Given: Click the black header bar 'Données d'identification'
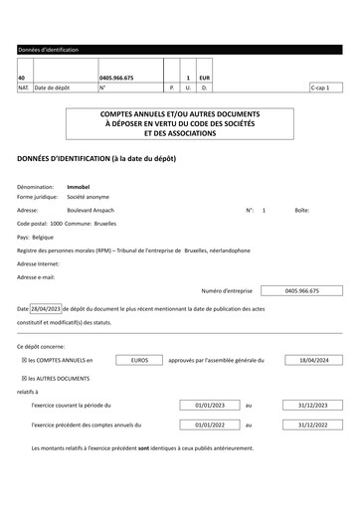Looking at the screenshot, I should (x=180, y=49).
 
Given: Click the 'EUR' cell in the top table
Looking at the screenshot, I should (x=204, y=77).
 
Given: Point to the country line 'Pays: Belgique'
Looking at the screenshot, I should (x=37, y=238).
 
